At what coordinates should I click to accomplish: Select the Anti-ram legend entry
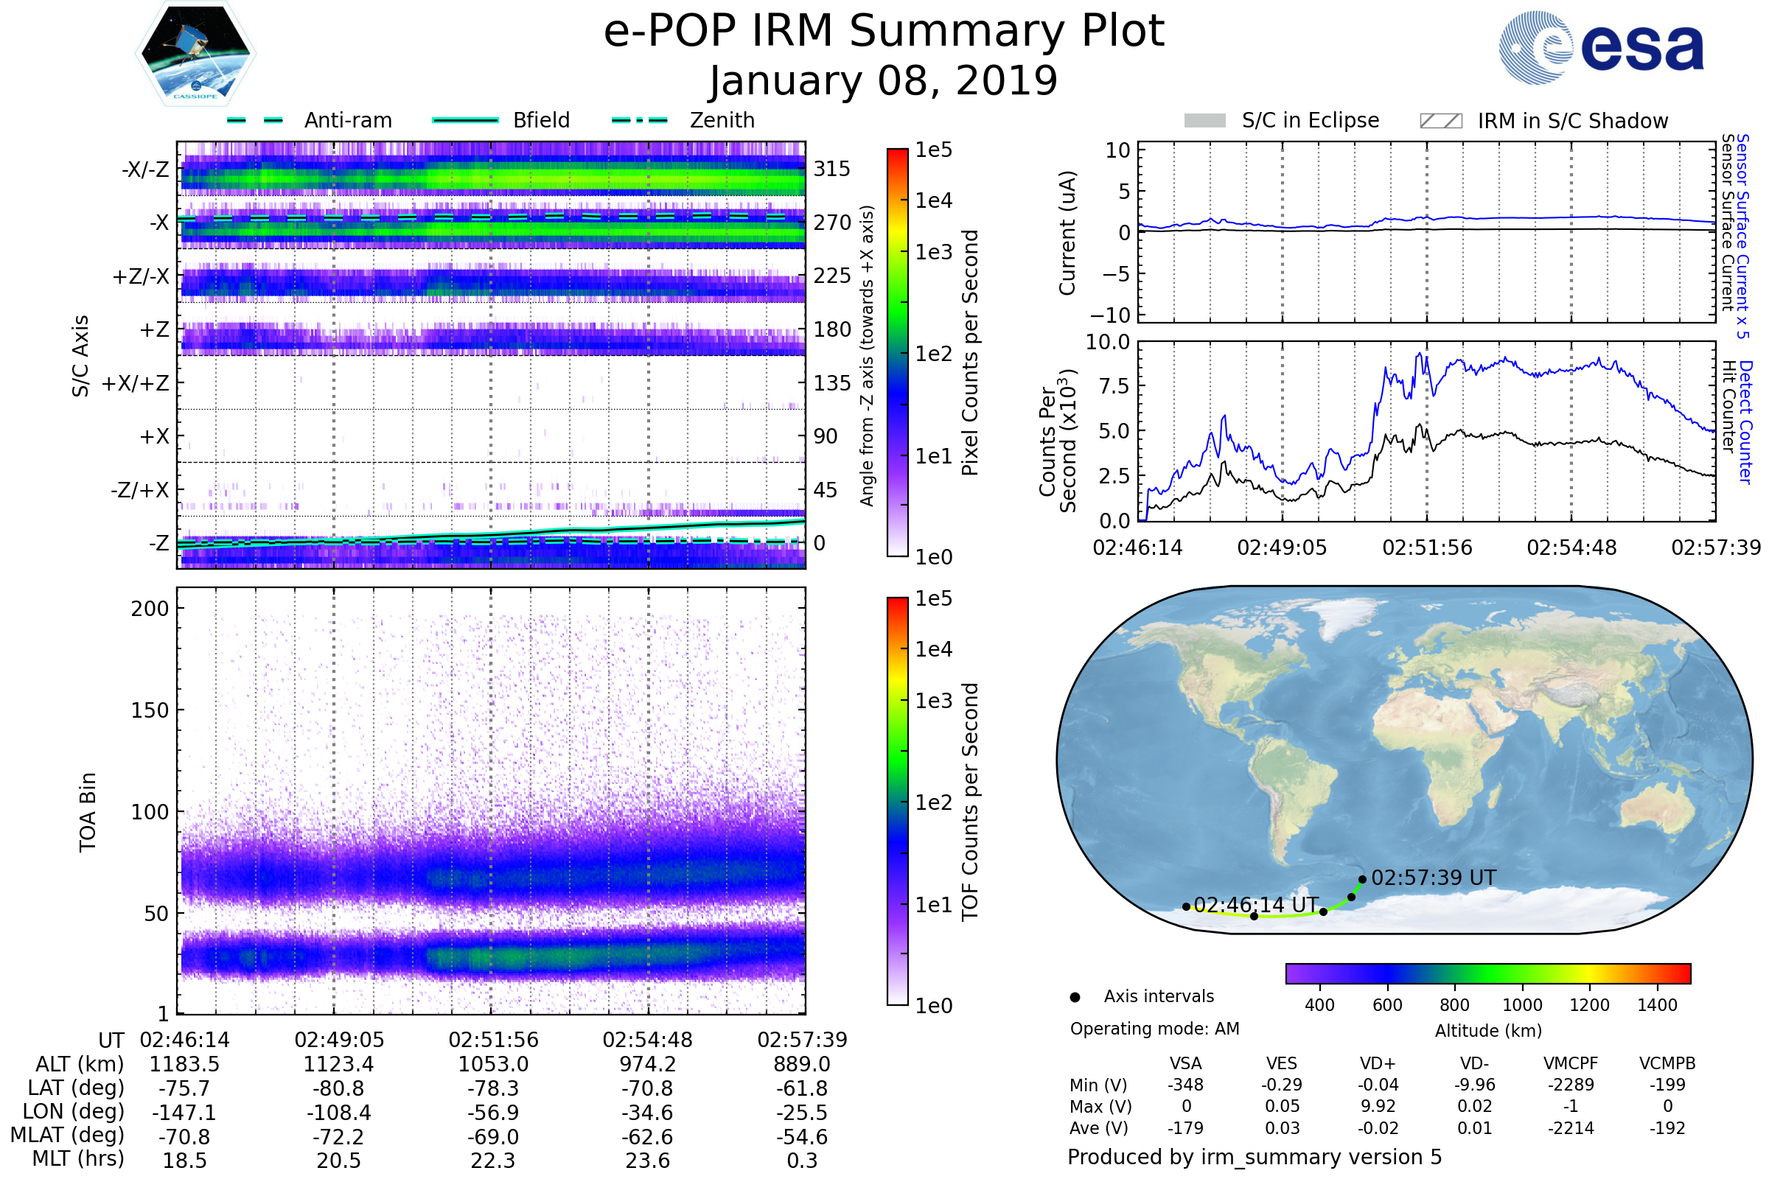click(309, 120)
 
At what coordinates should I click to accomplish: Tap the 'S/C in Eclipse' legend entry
click(1282, 120)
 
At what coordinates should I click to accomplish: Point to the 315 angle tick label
click(832, 169)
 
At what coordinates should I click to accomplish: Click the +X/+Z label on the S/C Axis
click(136, 383)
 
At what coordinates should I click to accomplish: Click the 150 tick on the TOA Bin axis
click(150, 710)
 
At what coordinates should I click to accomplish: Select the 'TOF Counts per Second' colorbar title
click(970, 802)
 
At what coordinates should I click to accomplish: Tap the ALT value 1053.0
click(493, 1065)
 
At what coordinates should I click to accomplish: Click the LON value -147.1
click(184, 1113)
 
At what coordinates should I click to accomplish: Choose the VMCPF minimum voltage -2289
click(1571, 1085)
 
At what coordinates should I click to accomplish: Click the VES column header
click(1282, 1064)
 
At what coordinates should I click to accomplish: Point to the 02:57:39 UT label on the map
click(1434, 878)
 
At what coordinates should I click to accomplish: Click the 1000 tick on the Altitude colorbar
click(1522, 1005)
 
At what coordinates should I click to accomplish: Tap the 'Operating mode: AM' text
click(1154, 1029)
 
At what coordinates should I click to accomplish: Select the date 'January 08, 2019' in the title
click(884, 80)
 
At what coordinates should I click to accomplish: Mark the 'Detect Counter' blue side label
click(1745, 422)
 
